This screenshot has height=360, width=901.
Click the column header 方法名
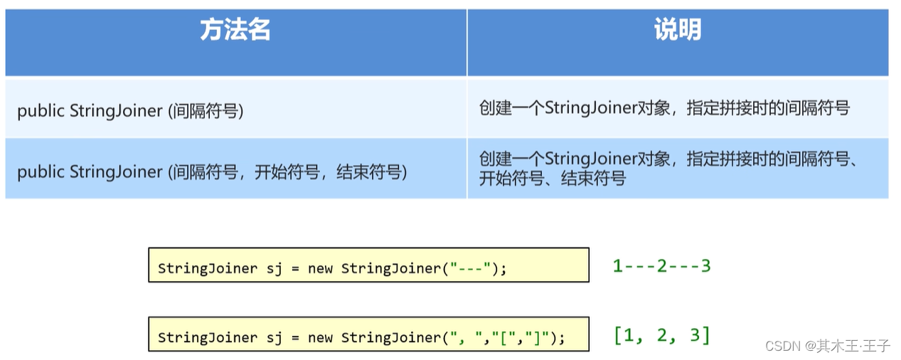[235, 31]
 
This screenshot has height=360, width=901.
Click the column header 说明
[677, 31]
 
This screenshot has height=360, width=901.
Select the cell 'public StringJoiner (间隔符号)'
[130, 111]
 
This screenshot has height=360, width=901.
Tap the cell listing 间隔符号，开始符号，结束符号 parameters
[212, 172]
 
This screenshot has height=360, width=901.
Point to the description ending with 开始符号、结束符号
[668, 169]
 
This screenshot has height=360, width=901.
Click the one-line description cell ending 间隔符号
[664, 108]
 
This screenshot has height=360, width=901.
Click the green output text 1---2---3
[661, 266]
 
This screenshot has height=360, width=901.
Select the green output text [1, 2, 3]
[661, 335]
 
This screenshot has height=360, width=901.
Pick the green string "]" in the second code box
[535, 338]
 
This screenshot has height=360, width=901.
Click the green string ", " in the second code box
[464, 338]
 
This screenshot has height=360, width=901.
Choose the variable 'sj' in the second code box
[273, 338]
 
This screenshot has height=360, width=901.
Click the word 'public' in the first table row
[41, 111]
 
